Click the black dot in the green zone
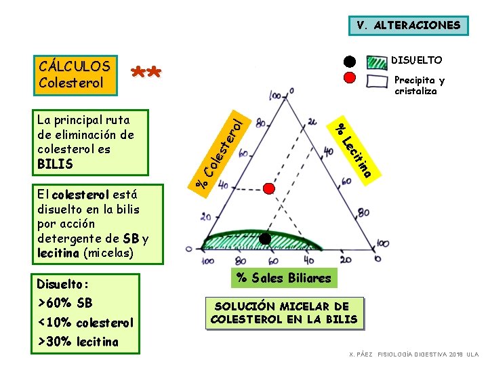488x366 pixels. (265, 238)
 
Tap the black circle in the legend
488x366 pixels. (348, 61)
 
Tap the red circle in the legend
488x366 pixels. (348, 77)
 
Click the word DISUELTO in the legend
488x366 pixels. (418, 61)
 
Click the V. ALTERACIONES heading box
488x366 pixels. (409, 26)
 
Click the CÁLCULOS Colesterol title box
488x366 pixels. (75, 75)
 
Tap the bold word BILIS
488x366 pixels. (56, 164)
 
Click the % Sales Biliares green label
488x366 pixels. (283, 277)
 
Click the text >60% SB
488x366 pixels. (65, 303)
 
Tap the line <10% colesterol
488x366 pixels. (85, 323)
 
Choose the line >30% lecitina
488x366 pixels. (78, 342)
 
